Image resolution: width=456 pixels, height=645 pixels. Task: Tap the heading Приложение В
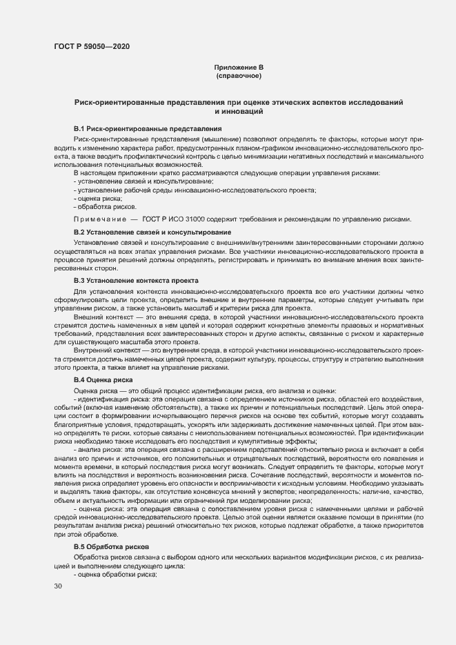pyautogui.click(x=239, y=67)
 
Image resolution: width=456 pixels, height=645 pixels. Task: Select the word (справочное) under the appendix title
pyautogui.click(x=239, y=75)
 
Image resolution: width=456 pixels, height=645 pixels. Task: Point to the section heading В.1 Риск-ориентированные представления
pyautogui.click(x=147, y=128)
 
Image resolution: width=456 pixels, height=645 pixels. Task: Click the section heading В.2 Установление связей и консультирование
pyautogui.click(x=152, y=232)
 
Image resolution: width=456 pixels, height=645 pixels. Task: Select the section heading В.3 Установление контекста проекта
pyautogui.click(x=136, y=281)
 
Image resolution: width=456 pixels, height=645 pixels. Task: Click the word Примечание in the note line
pyautogui.click(x=100, y=219)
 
